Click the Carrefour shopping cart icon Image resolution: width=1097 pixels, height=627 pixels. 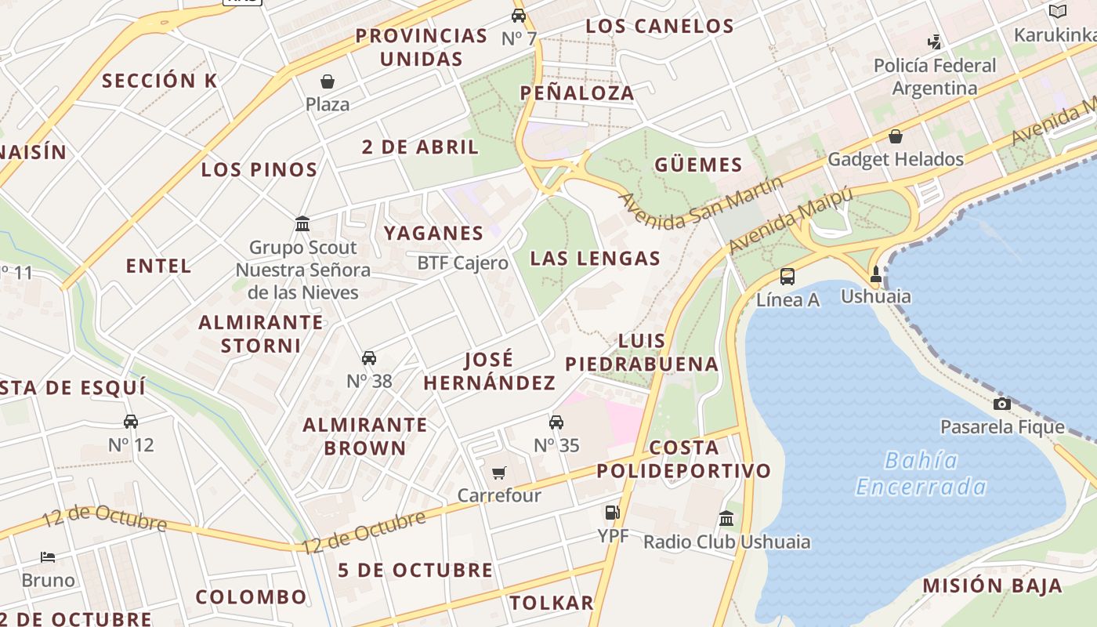point(498,473)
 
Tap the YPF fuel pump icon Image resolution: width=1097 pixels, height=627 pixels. point(612,513)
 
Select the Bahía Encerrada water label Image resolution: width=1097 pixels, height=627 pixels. point(921,473)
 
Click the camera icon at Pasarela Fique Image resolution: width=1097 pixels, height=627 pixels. point(1001,404)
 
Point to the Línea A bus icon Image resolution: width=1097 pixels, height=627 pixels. point(787,276)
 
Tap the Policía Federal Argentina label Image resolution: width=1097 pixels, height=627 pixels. point(935,77)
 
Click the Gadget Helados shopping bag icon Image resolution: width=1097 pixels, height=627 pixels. point(896,136)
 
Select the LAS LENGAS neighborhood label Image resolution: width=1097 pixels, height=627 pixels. point(595,259)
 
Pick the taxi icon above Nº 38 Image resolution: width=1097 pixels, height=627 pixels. point(369,358)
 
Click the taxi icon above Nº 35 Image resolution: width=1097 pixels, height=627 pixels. point(556,422)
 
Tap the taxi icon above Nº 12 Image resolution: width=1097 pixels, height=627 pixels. point(131,422)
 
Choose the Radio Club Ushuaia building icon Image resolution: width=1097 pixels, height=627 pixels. point(726,518)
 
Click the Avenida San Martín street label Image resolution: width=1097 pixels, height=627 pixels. point(701,201)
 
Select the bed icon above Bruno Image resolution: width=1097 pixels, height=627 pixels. point(48,557)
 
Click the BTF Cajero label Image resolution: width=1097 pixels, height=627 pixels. point(462,263)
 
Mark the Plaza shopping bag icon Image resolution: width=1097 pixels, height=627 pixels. point(328,82)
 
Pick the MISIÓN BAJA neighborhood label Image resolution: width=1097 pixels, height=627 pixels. point(992,585)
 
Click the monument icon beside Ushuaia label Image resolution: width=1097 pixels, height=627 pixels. point(876,274)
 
